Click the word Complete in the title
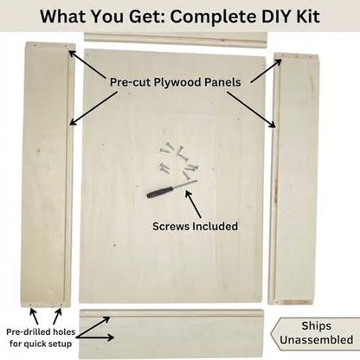213,17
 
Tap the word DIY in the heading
276,16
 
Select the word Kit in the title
308,16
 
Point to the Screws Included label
195,226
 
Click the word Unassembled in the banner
316,339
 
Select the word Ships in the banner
316,326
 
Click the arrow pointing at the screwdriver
193,204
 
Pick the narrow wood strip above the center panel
176,40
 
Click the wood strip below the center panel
171,333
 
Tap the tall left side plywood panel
48,175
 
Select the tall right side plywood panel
293,178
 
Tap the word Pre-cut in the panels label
130,82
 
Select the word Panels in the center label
222,82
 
